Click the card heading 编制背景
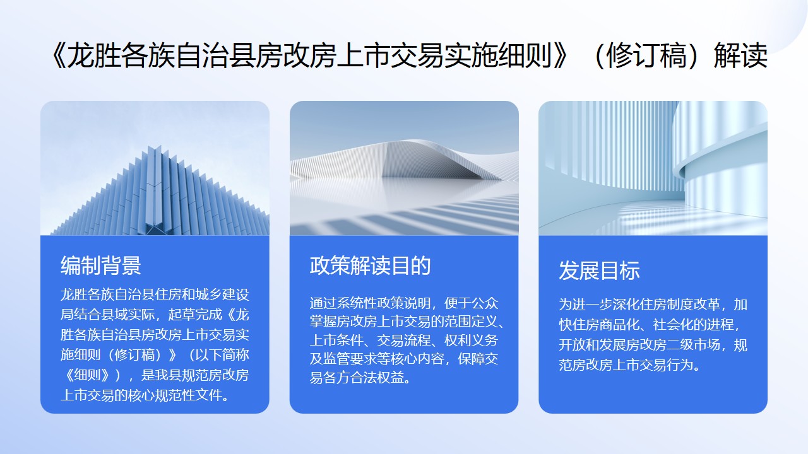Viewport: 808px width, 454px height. [x=100, y=265]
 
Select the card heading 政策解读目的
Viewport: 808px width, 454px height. [x=370, y=265]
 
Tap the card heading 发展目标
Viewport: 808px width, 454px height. [x=599, y=271]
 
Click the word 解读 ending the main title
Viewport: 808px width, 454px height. [x=740, y=55]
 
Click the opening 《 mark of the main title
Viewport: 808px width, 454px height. [x=57, y=55]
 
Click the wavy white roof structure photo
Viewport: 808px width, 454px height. [x=404, y=168]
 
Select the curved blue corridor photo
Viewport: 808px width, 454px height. [x=653, y=168]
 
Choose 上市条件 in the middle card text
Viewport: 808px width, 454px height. [x=336, y=340]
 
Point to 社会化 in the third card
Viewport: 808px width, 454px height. [x=673, y=325]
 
